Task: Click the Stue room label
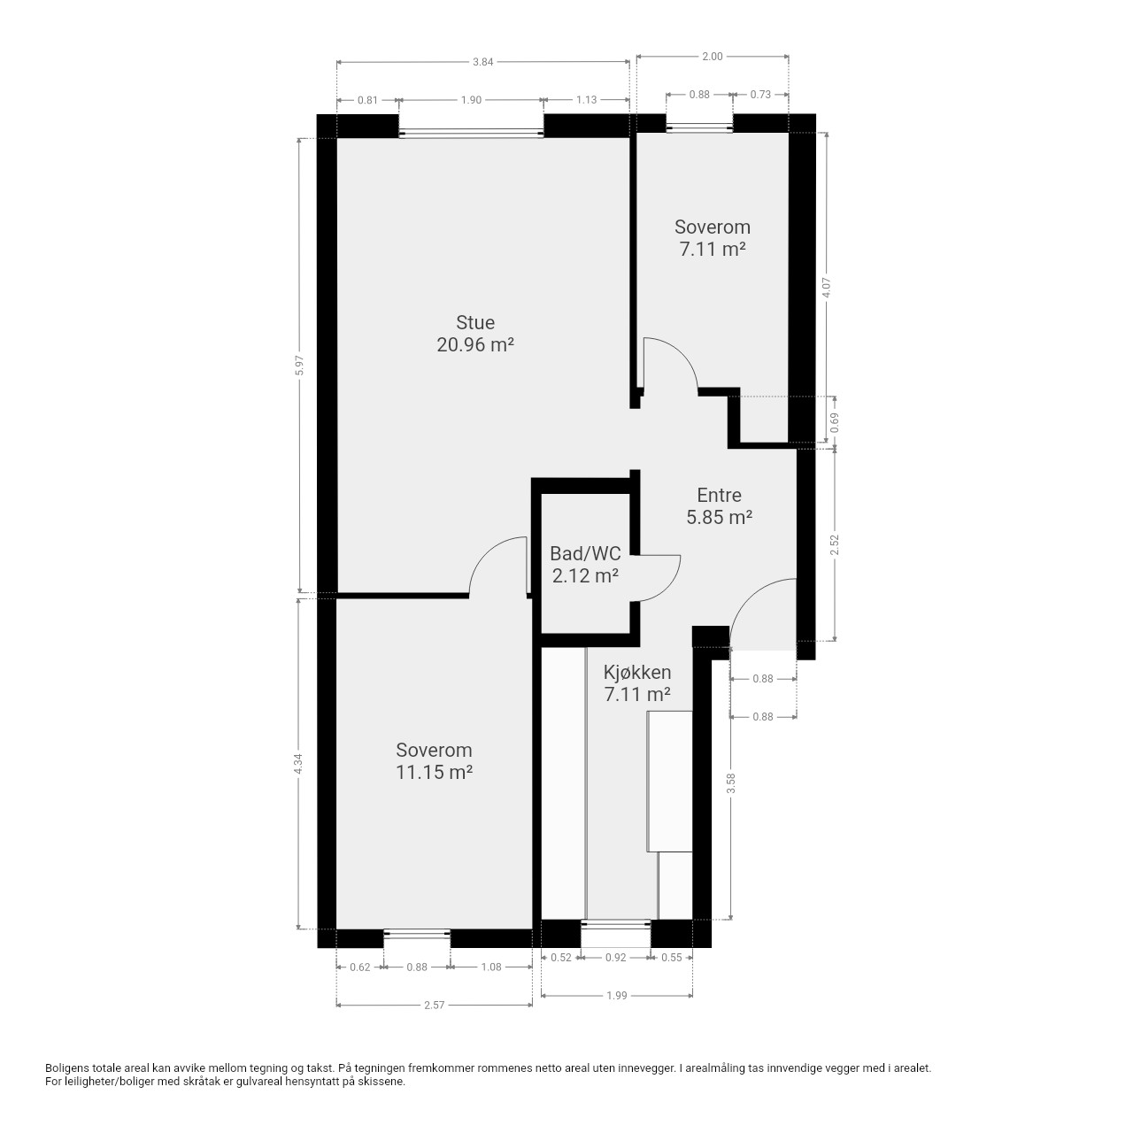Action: [475, 322]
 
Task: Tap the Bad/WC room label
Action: [585, 553]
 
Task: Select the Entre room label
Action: [719, 495]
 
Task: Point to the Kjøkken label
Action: [637, 672]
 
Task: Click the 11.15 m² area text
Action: [434, 772]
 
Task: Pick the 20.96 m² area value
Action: [475, 344]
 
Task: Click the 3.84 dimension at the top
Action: [482, 62]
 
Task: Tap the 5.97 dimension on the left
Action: [300, 366]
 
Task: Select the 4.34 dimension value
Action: [300, 765]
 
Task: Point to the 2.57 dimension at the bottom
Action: [434, 1005]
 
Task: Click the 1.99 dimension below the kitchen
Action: [616, 996]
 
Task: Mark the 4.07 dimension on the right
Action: [826, 288]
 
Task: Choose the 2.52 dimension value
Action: [835, 544]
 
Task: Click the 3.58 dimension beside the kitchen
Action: [731, 783]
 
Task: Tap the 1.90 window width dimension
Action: [471, 100]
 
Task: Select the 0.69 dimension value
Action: [835, 423]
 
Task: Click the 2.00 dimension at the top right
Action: [712, 57]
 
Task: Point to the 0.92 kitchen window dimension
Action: [615, 957]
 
